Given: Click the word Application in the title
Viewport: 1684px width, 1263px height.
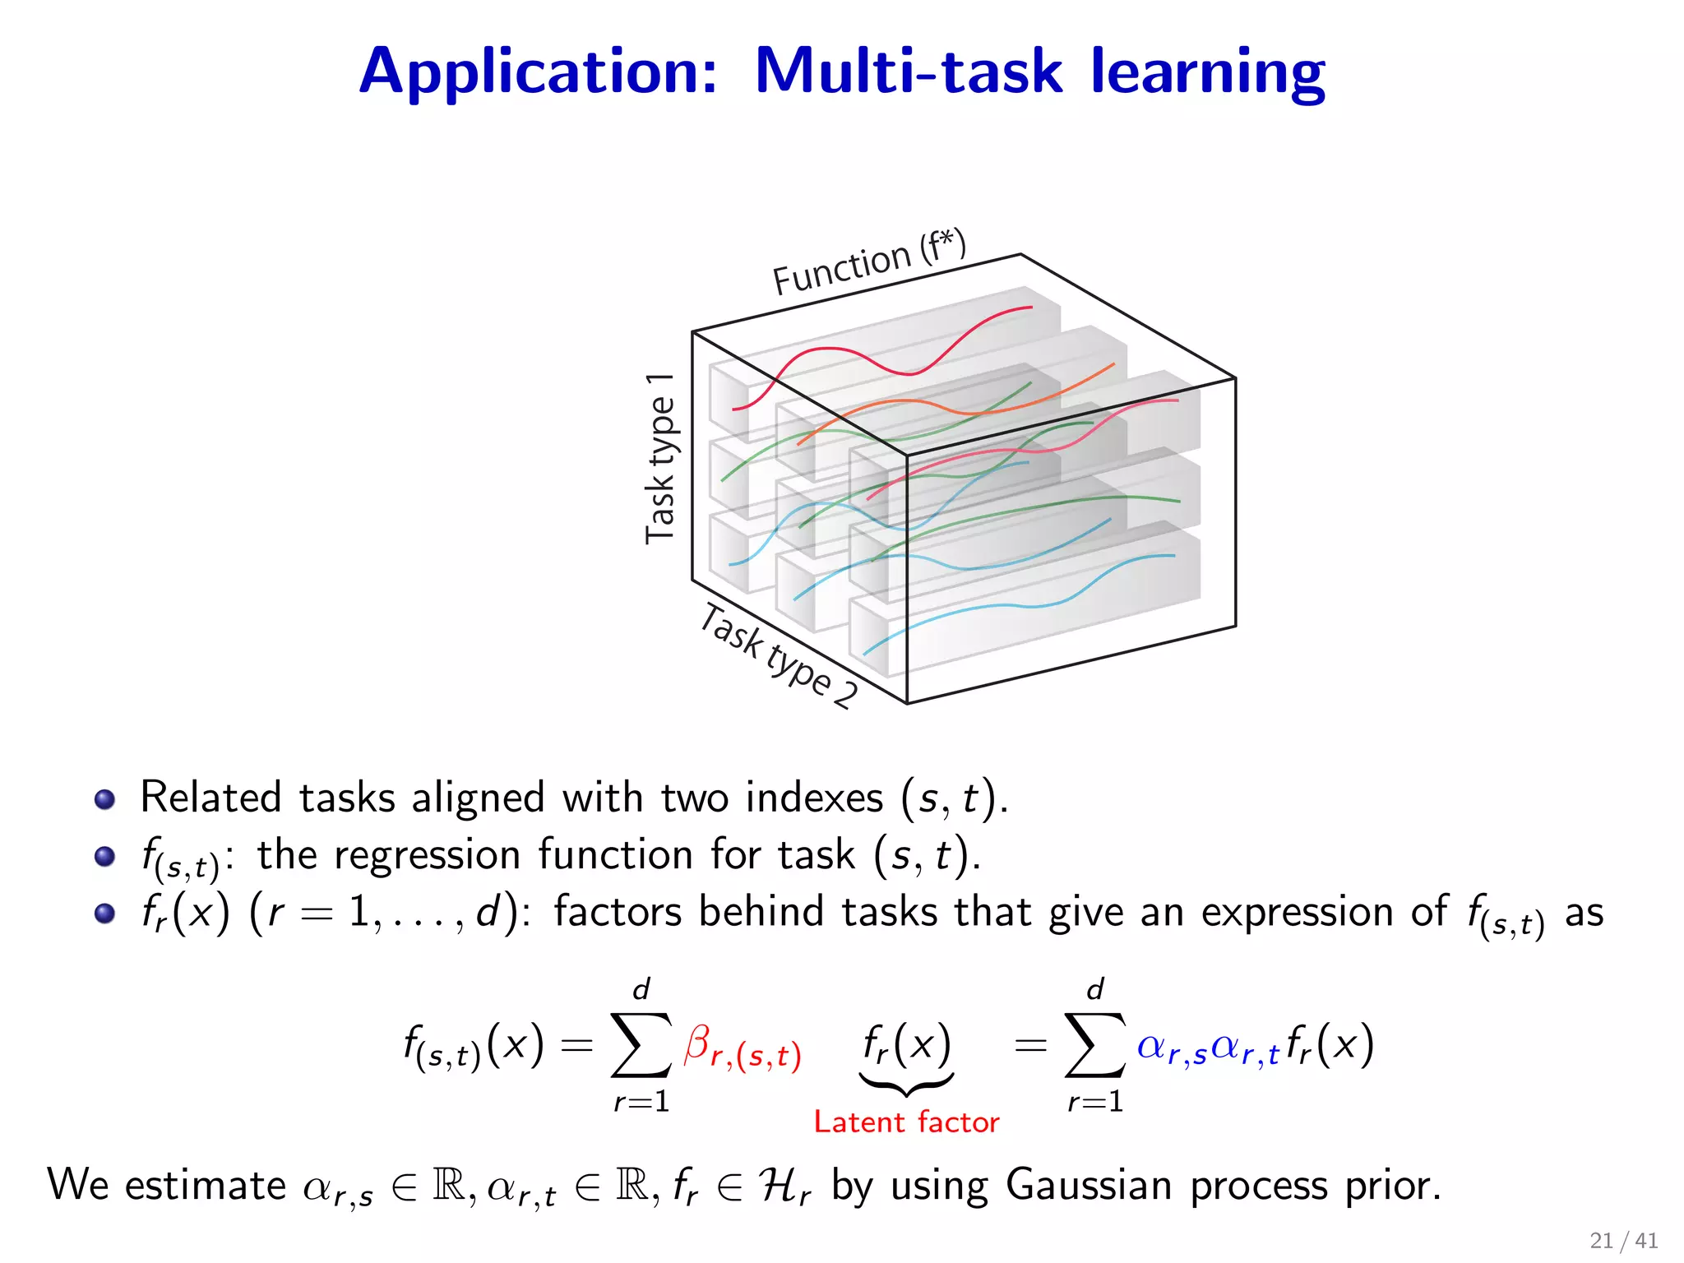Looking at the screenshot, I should click(x=539, y=72).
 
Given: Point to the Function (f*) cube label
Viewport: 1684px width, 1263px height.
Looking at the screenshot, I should click(x=868, y=263).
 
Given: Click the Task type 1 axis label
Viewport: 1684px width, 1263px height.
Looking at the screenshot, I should click(x=660, y=458).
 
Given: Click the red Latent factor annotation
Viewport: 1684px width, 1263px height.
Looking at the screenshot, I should click(x=906, y=1122).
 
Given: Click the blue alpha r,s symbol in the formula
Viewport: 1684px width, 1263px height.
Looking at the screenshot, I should click(x=1171, y=1048).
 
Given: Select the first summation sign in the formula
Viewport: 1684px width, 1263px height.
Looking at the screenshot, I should click(x=641, y=1045).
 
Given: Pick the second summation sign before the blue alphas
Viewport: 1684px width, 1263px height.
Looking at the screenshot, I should click(x=1094, y=1045).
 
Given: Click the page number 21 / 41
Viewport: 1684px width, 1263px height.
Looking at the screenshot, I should click(x=1623, y=1240).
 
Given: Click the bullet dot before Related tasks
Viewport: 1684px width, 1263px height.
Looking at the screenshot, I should click(x=104, y=799).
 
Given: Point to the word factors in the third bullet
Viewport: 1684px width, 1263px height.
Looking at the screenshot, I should click(x=618, y=912).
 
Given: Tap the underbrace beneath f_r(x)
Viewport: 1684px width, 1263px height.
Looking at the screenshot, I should click(x=906, y=1085).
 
